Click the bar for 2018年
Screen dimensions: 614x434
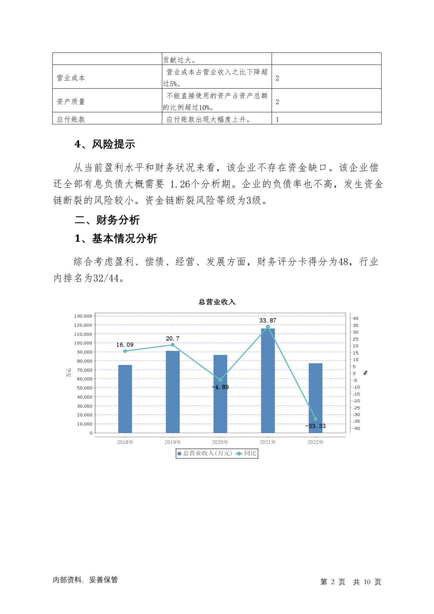coord(125,399)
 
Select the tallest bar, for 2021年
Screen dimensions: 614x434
coord(268,381)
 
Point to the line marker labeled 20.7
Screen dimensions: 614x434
coord(173,345)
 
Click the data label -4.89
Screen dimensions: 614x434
coord(220,387)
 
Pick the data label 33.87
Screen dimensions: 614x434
coord(268,320)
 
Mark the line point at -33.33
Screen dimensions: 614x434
coord(316,419)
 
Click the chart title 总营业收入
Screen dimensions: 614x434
coord(217,302)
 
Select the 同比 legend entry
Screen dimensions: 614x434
coord(247,454)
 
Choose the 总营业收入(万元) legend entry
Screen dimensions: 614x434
coord(205,454)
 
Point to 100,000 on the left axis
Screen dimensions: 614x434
coord(83,343)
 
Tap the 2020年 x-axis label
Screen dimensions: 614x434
coord(220,442)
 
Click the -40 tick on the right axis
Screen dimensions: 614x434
coord(356,428)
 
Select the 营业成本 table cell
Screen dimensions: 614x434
coord(71,78)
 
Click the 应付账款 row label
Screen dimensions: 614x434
coord(71,120)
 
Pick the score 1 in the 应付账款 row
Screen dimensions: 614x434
coord(277,120)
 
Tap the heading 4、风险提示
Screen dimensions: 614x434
coord(105,144)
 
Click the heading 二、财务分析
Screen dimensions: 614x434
coord(107,220)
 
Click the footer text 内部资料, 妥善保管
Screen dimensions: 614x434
coord(85,580)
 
